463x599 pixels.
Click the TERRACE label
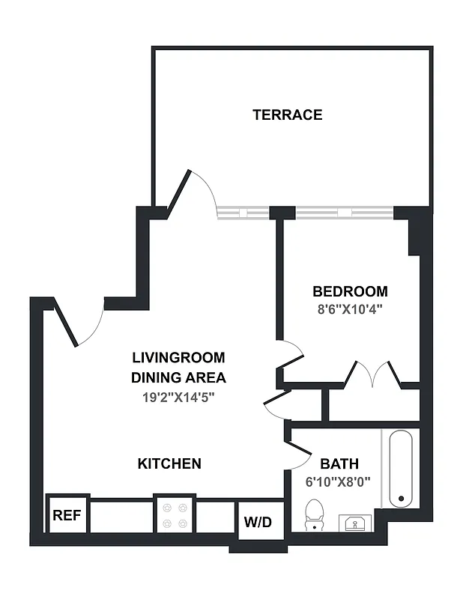[287, 115]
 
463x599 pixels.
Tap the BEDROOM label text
[350, 291]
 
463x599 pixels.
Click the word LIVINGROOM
[178, 358]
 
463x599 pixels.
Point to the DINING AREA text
[178, 377]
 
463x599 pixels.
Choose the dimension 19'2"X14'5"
[178, 397]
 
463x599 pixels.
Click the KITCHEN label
[169, 463]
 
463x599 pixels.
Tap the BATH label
[339, 463]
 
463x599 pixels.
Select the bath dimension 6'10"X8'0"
[339, 482]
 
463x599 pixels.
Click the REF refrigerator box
[67, 515]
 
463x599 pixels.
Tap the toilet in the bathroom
[315, 515]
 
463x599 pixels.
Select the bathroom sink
[354, 522]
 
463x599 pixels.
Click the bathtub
[401, 469]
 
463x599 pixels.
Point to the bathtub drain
[401, 499]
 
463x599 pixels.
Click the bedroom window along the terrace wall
[344, 213]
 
